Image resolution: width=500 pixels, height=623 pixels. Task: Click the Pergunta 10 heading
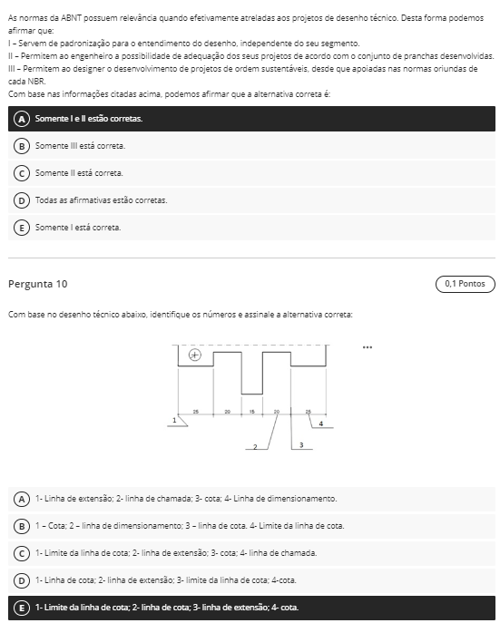pyautogui.click(x=38, y=284)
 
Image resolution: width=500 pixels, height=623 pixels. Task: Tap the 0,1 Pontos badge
pyautogui.click(x=465, y=284)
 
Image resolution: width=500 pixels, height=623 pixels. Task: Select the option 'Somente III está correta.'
pyautogui.click(x=80, y=146)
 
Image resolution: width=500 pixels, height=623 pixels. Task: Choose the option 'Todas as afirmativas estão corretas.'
pyautogui.click(x=101, y=200)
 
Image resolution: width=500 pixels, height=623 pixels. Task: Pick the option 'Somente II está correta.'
pyautogui.click(x=79, y=173)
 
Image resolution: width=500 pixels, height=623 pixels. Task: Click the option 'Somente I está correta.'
pyautogui.click(x=78, y=228)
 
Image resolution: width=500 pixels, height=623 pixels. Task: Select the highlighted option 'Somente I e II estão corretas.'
pyautogui.click(x=89, y=119)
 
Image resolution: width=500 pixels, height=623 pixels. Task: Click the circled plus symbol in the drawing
pyautogui.click(x=195, y=355)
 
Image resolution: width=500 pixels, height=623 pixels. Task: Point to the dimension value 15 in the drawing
pyautogui.click(x=252, y=412)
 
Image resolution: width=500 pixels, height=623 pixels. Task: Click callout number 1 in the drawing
pyautogui.click(x=174, y=420)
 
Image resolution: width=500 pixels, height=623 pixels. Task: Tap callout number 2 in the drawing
pyautogui.click(x=255, y=447)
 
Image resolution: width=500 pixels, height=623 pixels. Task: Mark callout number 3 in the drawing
pyautogui.click(x=301, y=445)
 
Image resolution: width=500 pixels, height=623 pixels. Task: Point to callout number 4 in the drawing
pyautogui.click(x=321, y=423)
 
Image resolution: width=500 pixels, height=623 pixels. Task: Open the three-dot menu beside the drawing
pyautogui.click(x=368, y=347)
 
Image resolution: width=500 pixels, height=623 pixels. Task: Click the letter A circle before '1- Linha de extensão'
pyautogui.click(x=22, y=499)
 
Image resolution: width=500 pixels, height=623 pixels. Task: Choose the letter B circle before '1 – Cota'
pyautogui.click(x=22, y=526)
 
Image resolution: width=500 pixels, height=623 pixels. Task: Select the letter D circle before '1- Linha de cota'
pyautogui.click(x=22, y=580)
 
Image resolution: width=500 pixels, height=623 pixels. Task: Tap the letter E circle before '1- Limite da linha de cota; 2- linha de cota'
pyautogui.click(x=22, y=608)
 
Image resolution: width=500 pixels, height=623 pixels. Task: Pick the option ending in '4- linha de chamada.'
pyautogui.click(x=176, y=553)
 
